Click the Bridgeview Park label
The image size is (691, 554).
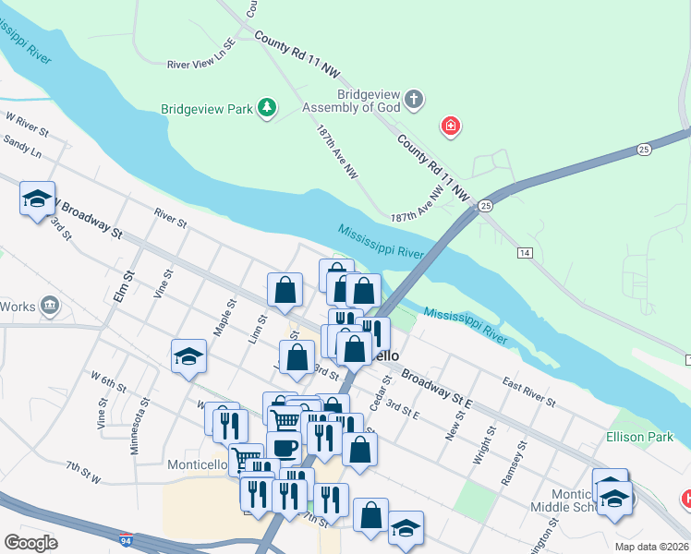pos(207,109)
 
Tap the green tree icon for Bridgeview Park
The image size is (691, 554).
pos(267,108)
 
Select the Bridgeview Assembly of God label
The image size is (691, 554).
pos(354,102)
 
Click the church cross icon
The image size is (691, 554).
pos(414,99)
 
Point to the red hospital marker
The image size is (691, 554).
pos(450,126)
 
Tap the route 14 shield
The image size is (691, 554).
pos(525,252)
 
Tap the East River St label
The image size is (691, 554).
pos(528,391)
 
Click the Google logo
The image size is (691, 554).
pos(30,543)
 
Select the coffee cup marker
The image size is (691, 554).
pos(285,448)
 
